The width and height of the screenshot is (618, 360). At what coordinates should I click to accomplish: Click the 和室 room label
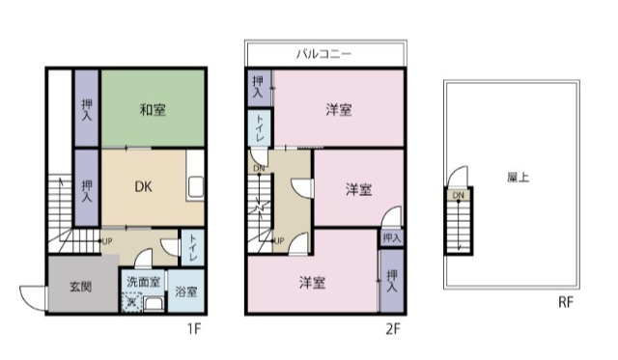[x=153, y=110]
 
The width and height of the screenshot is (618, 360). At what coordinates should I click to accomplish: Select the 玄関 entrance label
[x=80, y=286]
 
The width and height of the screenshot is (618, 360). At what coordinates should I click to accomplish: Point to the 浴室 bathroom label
[x=186, y=291]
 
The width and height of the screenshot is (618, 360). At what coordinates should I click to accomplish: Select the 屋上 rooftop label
[x=518, y=179]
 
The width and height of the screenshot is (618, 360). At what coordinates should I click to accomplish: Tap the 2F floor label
[x=392, y=329]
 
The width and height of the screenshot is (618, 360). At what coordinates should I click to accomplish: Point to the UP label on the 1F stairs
[x=106, y=240]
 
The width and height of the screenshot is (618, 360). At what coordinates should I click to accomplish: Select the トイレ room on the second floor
[x=260, y=128]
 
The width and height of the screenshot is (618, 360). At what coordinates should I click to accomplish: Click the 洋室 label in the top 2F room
[x=338, y=110]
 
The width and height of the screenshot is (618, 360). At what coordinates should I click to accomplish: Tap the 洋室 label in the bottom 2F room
[x=311, y=282]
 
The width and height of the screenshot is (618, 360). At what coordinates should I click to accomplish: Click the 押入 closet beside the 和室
[x=87, y=109]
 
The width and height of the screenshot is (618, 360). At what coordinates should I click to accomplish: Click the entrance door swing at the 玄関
[x=32, y=298]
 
